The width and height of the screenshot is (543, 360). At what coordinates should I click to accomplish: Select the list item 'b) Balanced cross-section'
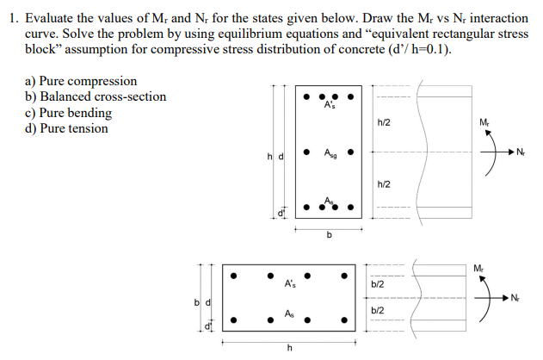(96, 96)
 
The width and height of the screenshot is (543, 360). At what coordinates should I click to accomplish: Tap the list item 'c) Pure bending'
(69, 113)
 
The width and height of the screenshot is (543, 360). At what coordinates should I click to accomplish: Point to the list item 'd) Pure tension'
(67, 128)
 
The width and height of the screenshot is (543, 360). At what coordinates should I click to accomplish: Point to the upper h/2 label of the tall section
(384, 123)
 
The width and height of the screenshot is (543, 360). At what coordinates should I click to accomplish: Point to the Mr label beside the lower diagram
(478, 266)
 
